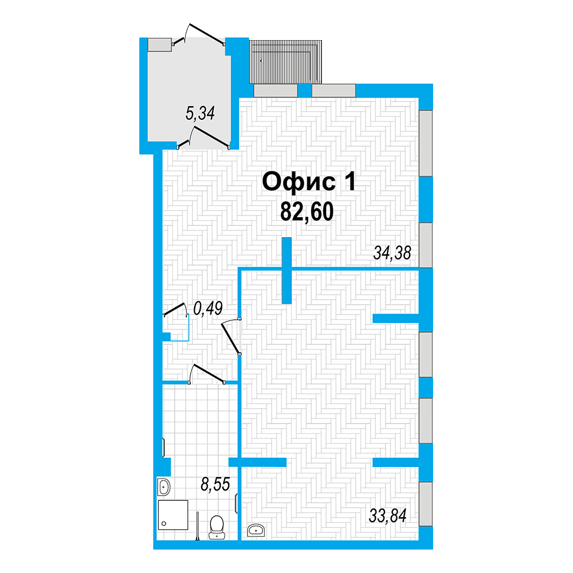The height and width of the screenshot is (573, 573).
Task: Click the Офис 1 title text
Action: [x=309, y=182]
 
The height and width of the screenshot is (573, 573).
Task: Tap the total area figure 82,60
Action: [x=307, y=211]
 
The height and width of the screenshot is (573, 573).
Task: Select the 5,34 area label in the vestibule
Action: [x=200, y=113]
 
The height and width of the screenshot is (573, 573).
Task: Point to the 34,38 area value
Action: [x=392, y=253]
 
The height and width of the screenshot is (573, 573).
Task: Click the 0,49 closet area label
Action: [x=208, y=308]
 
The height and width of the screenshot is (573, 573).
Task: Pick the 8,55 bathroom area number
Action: [x=215, y=485]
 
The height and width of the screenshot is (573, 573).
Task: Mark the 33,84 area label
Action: [x=388, y=516]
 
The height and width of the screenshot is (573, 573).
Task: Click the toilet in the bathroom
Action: [x=217, y=527]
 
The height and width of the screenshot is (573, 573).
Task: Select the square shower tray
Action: [x=173, y=515]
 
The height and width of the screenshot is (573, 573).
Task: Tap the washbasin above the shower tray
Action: [x=164, y=486]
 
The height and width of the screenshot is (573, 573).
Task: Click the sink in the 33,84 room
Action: [x=256, y=530]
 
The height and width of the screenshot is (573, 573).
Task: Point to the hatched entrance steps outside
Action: [x=285, y=62]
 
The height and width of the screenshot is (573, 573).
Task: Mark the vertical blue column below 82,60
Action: [x=287, y=270]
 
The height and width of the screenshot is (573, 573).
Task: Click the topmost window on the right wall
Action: [x=425, y=143]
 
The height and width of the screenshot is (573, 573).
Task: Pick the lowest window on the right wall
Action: [x=425, y=504]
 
